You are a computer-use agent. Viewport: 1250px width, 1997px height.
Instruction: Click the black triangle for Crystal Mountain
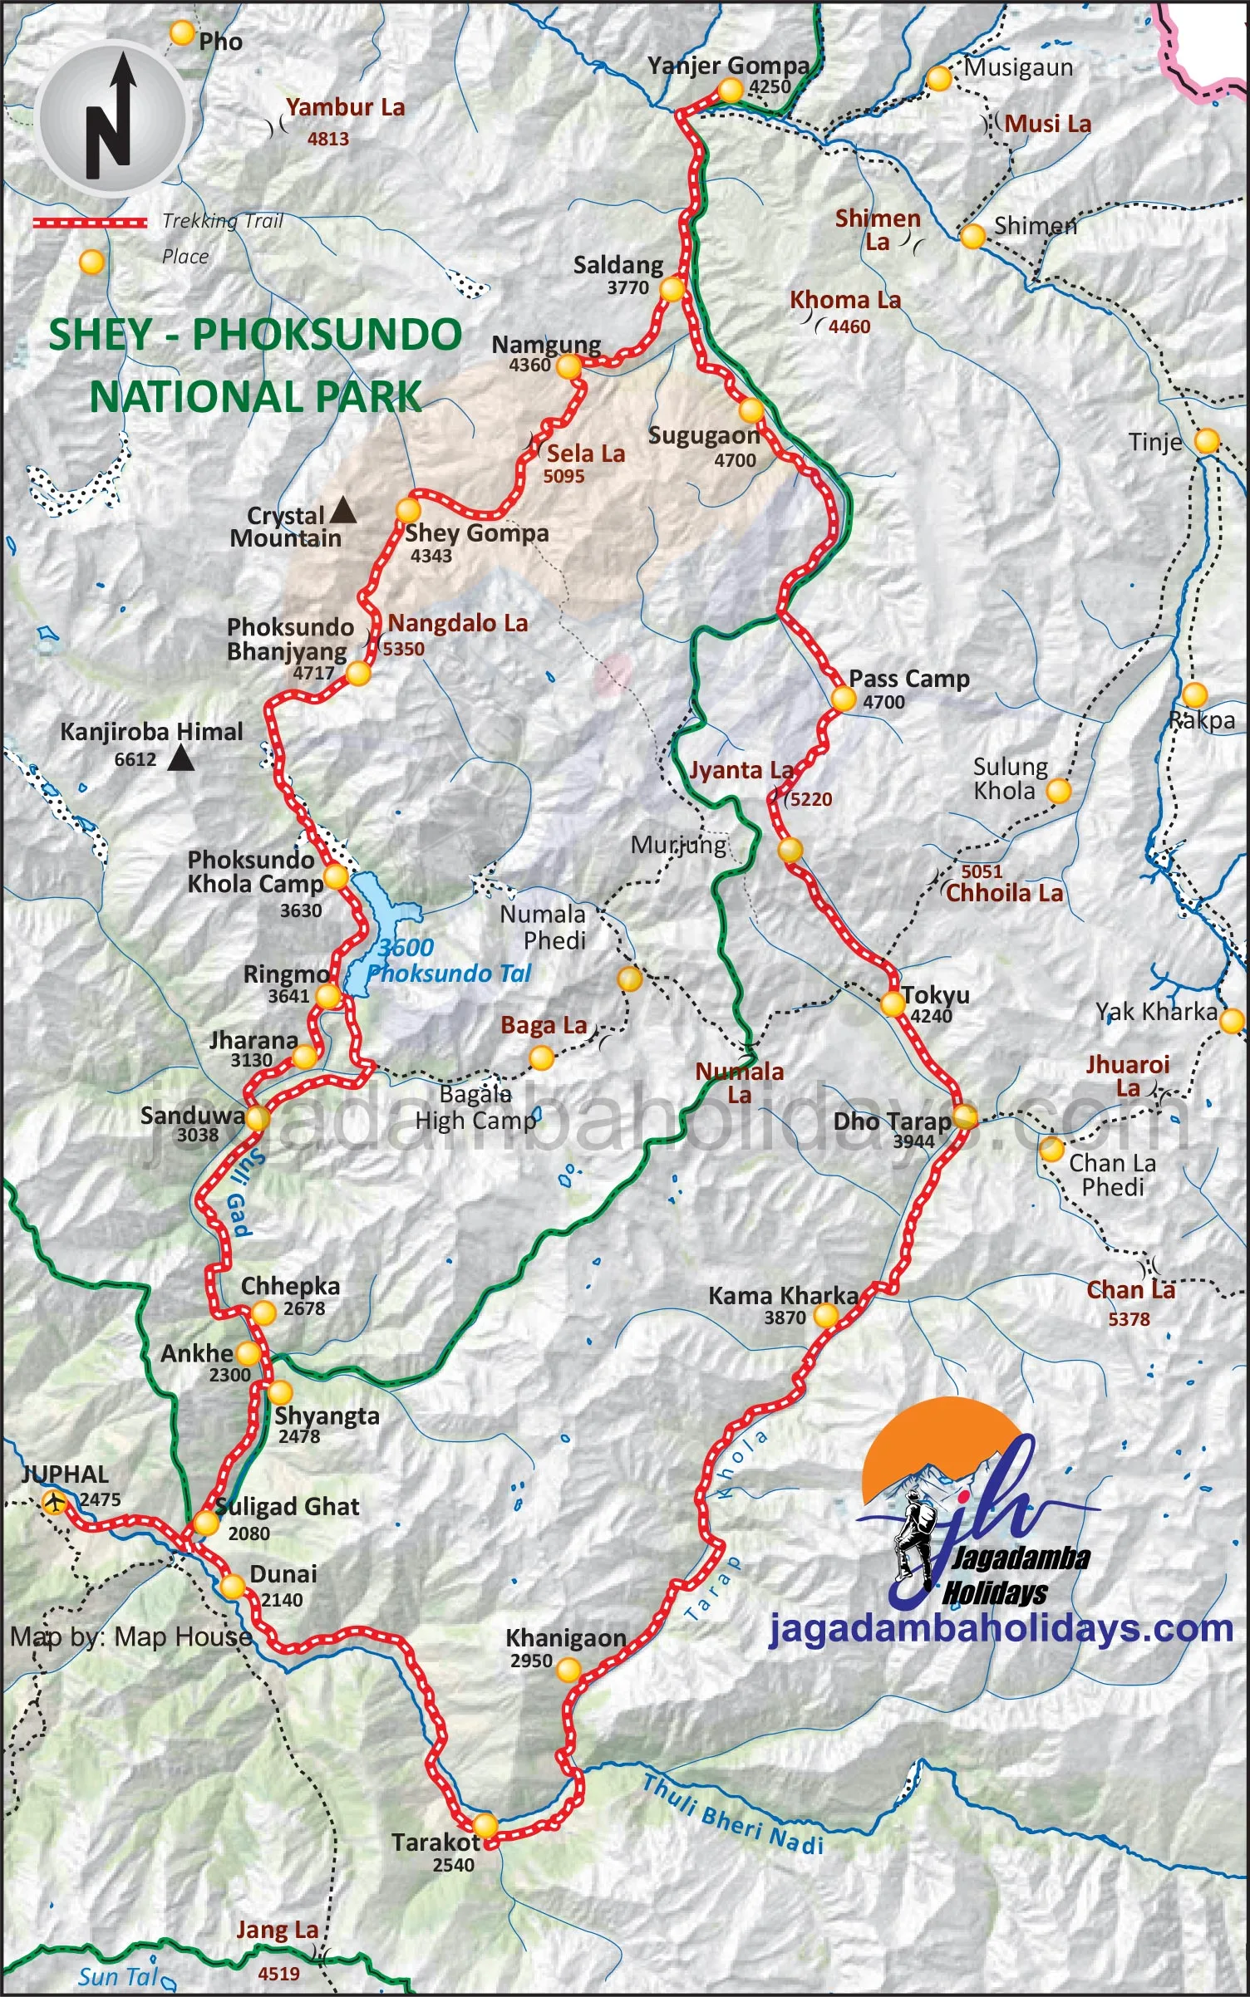click(x=343, y=511)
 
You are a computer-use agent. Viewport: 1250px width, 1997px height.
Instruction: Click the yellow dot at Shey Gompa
click(x=408, y=509)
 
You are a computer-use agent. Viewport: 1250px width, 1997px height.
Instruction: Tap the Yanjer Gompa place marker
click(x=730, y=90)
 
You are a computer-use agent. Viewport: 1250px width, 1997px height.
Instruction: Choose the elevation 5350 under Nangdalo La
click(x=403, y=649)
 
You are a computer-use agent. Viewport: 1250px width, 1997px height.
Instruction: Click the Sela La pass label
click(x=586, y=454)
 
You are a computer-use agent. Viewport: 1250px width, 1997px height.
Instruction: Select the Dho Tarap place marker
click(x=964, y=1116)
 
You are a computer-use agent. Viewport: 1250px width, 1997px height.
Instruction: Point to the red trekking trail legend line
click(x=90, y=222)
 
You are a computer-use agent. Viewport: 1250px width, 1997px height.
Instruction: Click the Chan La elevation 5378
click(x=1129, y=1319)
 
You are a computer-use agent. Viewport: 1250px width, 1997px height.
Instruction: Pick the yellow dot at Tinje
click(x=1207, y=440)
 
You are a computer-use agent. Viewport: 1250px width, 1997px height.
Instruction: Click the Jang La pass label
click(x=277, y=1930)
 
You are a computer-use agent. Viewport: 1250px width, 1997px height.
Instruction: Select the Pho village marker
click(x=181, y=33)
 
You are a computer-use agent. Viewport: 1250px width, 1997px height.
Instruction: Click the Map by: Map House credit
click(x=131, y=1636)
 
